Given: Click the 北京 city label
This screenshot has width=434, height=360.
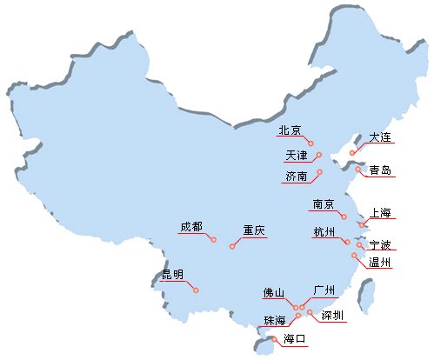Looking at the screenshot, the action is [x=290, y=130].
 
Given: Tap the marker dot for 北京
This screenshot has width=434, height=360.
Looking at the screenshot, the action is [x=311, y=143].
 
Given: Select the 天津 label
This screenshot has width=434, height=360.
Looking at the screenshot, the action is [x=297, y=156].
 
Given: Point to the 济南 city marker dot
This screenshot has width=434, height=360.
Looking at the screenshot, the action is [x=320, y=172].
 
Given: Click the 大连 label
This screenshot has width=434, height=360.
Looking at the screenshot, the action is [x=380, y=137].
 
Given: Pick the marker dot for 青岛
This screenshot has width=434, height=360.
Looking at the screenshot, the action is [x=358, y=169].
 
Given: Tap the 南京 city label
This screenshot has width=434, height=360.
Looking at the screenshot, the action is [x=324, y=204].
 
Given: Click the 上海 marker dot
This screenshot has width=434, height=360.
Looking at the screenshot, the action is [x=362, y=224].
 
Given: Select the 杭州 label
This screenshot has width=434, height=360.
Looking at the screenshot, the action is [x=324, y=232].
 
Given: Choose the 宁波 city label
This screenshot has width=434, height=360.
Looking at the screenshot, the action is [x=380, y=245].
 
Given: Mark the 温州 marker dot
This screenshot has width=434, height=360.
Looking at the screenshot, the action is [x=354, y=256].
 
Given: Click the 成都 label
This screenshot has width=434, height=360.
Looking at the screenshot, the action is [x=191, y=227].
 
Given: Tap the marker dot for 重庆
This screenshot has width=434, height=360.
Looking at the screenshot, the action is [x=232, y=246].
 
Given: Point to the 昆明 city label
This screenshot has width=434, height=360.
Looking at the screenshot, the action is [x=172, y=274].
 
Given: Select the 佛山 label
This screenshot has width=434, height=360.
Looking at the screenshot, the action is [x=274, y=293].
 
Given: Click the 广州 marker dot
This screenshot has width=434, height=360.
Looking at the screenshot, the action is [x=302, y=307].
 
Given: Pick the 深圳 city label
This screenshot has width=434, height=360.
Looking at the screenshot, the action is [x=332, y=316].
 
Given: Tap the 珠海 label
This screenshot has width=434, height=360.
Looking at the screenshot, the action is [x=275, y=321].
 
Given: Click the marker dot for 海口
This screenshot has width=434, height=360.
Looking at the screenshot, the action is [x=274, y=339].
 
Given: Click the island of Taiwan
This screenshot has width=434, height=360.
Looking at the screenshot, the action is [x=365, y=296].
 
